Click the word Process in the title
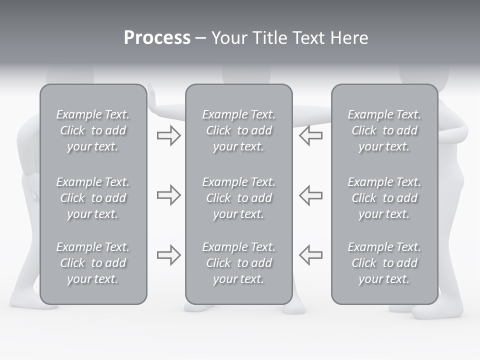pyautogui.click(x=157, y=38)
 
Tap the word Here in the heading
pyautogui.click(x=348, y=38)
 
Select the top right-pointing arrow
pyautogui.click(x=168, y=135)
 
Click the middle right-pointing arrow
pyautogui.click(x=168, y=195)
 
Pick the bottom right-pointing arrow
pyautogui.click(x=168, y=254)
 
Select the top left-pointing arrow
pyautogui.click(x=311, y=135)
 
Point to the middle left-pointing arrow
pyautogui.click(x=311, y=195)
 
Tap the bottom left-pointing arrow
pyautogui.click(x=311, y=254)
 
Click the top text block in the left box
pyautogui.click(x=93, y=130)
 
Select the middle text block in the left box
pyautogui.click(x=93, y=198)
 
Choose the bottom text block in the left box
pyautogui.click(x=93, y=263)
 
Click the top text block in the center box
pyautogui.click(x=238, y=130)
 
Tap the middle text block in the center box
pyautogui.click(x=238, y=198)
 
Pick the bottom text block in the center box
pyautogui.click(x=238, y=263)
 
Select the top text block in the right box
pyautogui.click(x=384, y=130)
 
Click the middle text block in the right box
pyautogui.click(x=384, y=198)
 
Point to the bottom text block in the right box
pyautogui.click(x=384, y=263)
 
